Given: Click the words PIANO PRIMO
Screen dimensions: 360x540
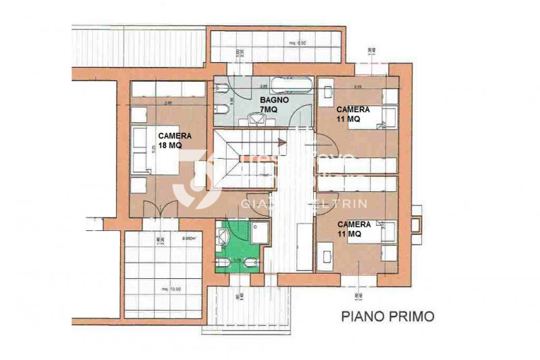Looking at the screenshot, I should click(x=387, y=315).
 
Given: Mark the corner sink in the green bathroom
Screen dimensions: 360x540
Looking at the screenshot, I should click(x=223, y=234).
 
